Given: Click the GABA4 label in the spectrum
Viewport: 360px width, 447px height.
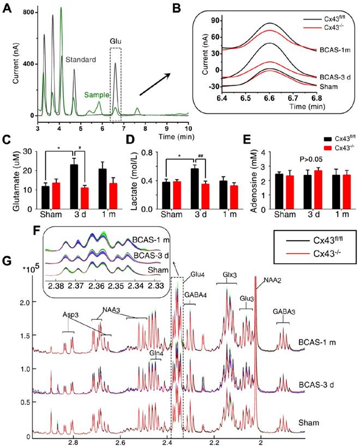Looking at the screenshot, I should (x=194, y=295).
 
